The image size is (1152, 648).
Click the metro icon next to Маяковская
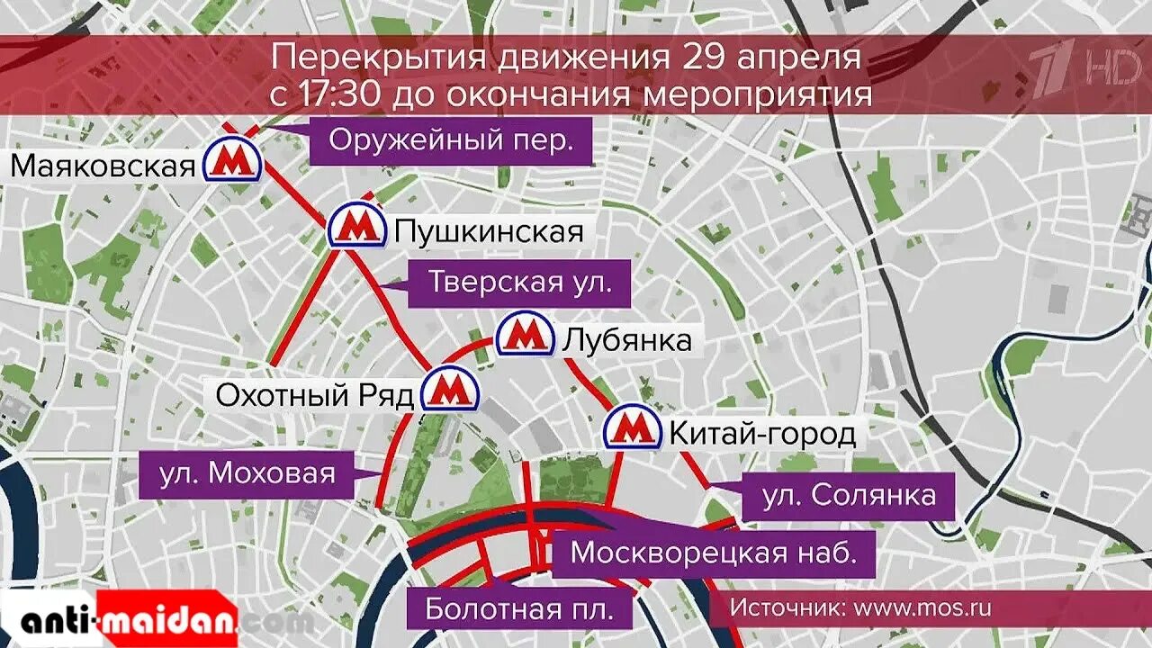[232, 162]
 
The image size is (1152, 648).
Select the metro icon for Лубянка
[525, 335]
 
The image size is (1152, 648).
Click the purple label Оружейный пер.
[451, 141]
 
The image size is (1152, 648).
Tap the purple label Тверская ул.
[519, 283]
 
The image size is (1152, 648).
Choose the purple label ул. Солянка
[848, 495]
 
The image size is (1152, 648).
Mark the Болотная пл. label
[519, 609]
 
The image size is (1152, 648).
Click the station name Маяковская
[103, 166]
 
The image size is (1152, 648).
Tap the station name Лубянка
[627, 340]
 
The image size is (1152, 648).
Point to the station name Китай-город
[761, 435]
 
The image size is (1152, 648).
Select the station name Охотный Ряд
[315, 395]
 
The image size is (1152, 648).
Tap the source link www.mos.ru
[922, 607]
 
